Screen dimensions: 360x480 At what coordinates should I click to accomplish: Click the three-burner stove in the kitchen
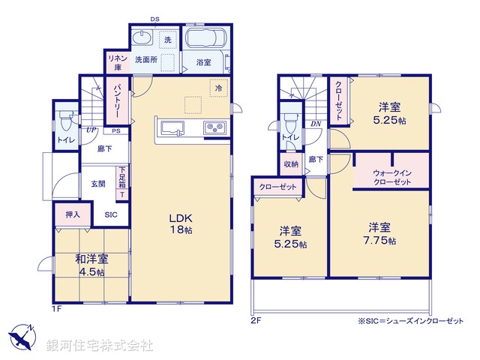pyautogui.click(x=215, y=127)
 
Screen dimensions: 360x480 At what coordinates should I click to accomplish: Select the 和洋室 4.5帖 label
pyautogui.click(x=91, y=265)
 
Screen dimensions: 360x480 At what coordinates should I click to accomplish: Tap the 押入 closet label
pyautogui.click(x=72, y=214)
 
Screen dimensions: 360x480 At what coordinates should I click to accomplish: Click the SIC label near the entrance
pyautogui.click(x=111, y=214)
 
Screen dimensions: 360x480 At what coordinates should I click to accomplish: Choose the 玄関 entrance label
pyautogui.click(x=98, y=183)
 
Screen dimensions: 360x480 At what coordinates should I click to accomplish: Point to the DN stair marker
pyautogui.click(x=316, y=124)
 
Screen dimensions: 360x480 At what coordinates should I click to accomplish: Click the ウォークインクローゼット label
pyautogui.click(x=391, y=177)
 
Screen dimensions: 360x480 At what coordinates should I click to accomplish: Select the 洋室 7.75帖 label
pyautogui.click(x=379, y=232)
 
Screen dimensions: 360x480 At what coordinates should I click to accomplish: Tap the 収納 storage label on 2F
pyautogui.click(x=291, y=163)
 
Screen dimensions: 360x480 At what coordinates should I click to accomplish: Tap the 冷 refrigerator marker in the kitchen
pyautogui.click(x=218, y=88)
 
